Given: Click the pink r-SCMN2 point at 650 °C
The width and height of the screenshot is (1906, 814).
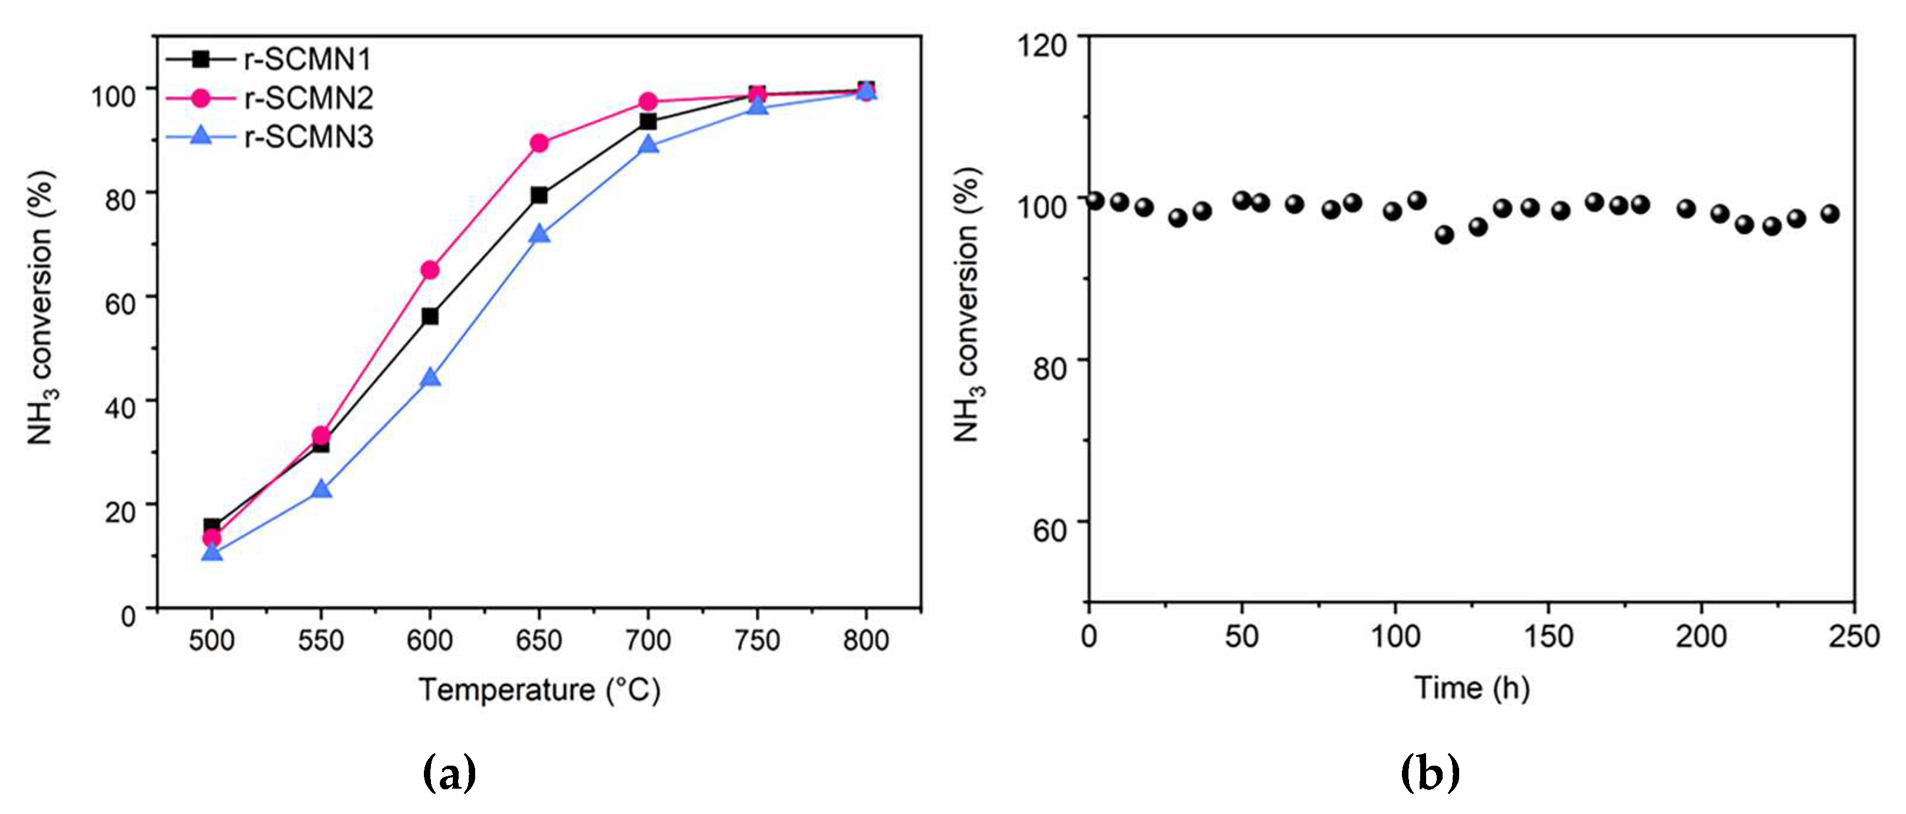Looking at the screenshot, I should (539, 143).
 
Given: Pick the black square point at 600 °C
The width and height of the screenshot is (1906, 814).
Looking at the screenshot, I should (430, 317).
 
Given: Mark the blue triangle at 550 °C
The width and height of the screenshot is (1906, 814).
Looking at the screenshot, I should (321, 490).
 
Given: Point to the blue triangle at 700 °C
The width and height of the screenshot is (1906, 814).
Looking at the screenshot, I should (648, 145).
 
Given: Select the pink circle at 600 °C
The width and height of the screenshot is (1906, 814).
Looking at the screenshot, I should (430, 270).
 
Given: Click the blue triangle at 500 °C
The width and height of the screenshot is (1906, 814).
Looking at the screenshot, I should (212, 552).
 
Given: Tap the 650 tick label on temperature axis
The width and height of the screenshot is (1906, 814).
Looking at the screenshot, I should (539, 640).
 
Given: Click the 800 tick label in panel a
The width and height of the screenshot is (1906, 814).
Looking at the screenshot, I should (865, 640).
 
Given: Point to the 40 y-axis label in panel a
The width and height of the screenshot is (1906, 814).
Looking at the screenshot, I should (120, 408).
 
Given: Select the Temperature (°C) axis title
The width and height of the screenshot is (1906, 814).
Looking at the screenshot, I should (539, 690).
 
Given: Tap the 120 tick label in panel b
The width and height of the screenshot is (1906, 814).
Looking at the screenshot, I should (1042, 46).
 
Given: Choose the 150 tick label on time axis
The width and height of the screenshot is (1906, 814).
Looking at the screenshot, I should (1549, 637).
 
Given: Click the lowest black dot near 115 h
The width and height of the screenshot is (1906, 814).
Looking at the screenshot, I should (1444, 235).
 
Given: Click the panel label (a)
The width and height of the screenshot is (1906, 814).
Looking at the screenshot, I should (449, 773).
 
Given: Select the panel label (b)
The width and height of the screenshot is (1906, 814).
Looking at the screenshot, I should (1430, 773).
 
